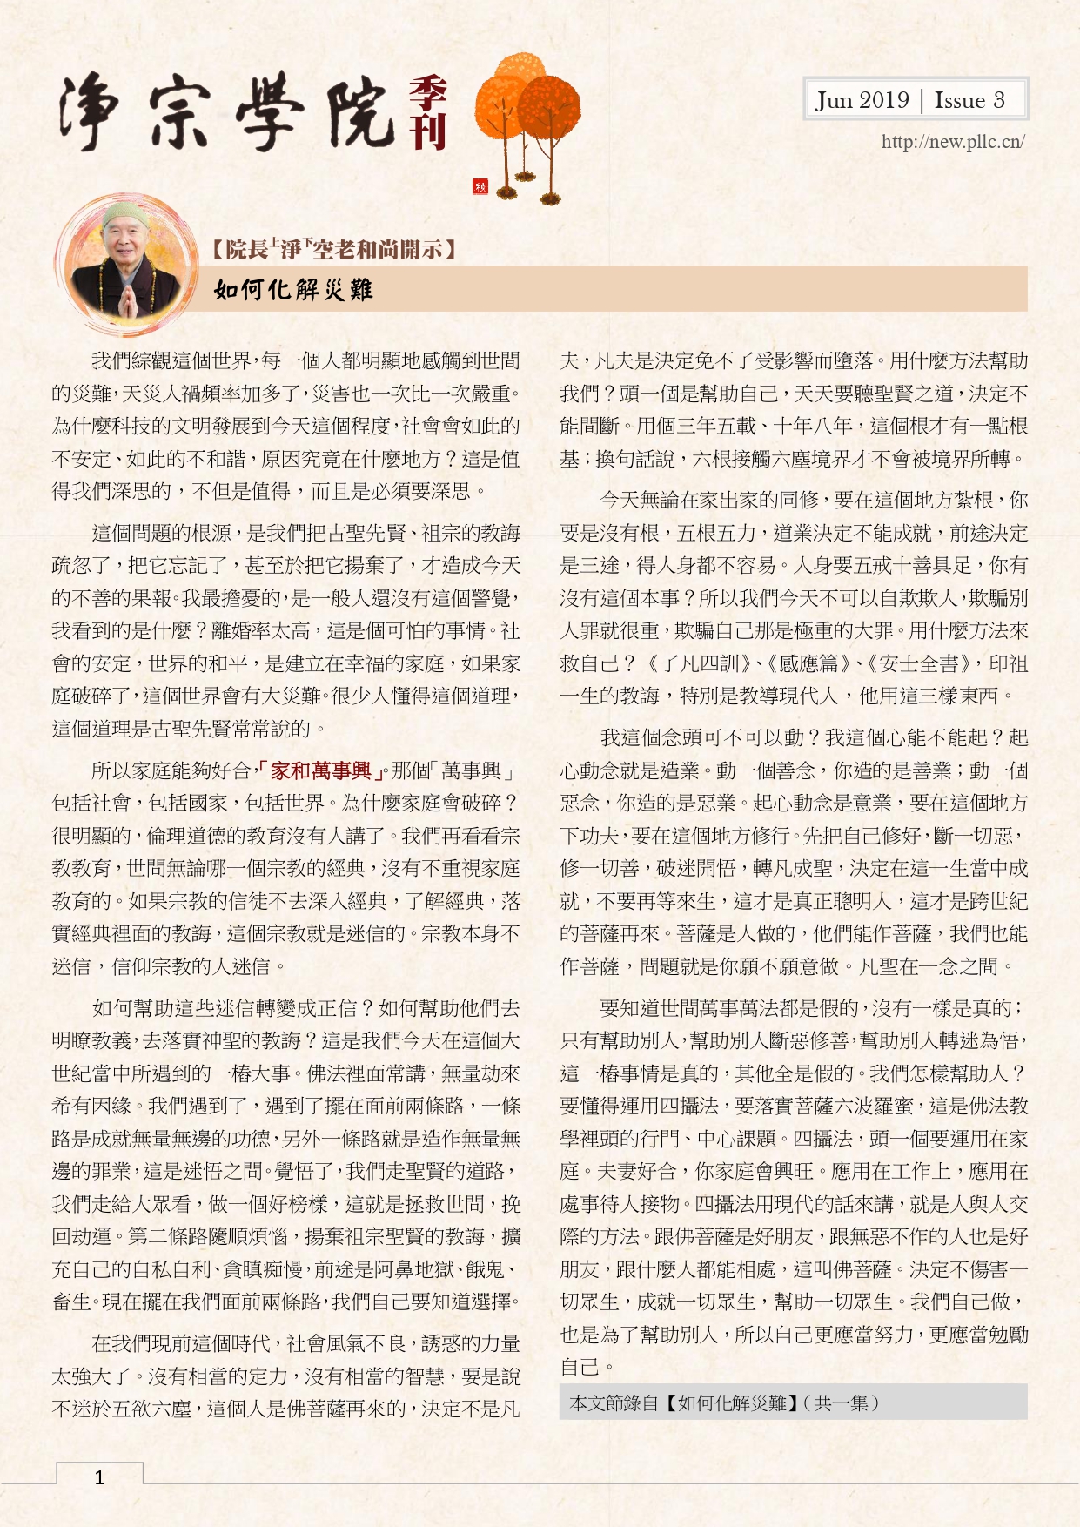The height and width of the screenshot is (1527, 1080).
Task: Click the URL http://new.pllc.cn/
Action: point(952,142)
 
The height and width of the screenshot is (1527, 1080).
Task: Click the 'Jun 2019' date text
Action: point(862,100)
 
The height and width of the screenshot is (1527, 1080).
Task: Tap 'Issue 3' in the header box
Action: point(969,100)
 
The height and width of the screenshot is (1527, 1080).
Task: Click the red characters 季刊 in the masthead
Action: point(428,113)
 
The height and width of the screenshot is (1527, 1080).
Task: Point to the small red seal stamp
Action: point(480,186)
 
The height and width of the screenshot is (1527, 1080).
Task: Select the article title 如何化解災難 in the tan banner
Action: point(293,289)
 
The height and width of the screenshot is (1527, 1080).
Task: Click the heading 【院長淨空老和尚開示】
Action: point(333,250)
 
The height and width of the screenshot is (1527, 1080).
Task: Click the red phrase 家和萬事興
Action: point(321,770)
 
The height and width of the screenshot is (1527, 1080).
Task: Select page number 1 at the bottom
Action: point(99,1477)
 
